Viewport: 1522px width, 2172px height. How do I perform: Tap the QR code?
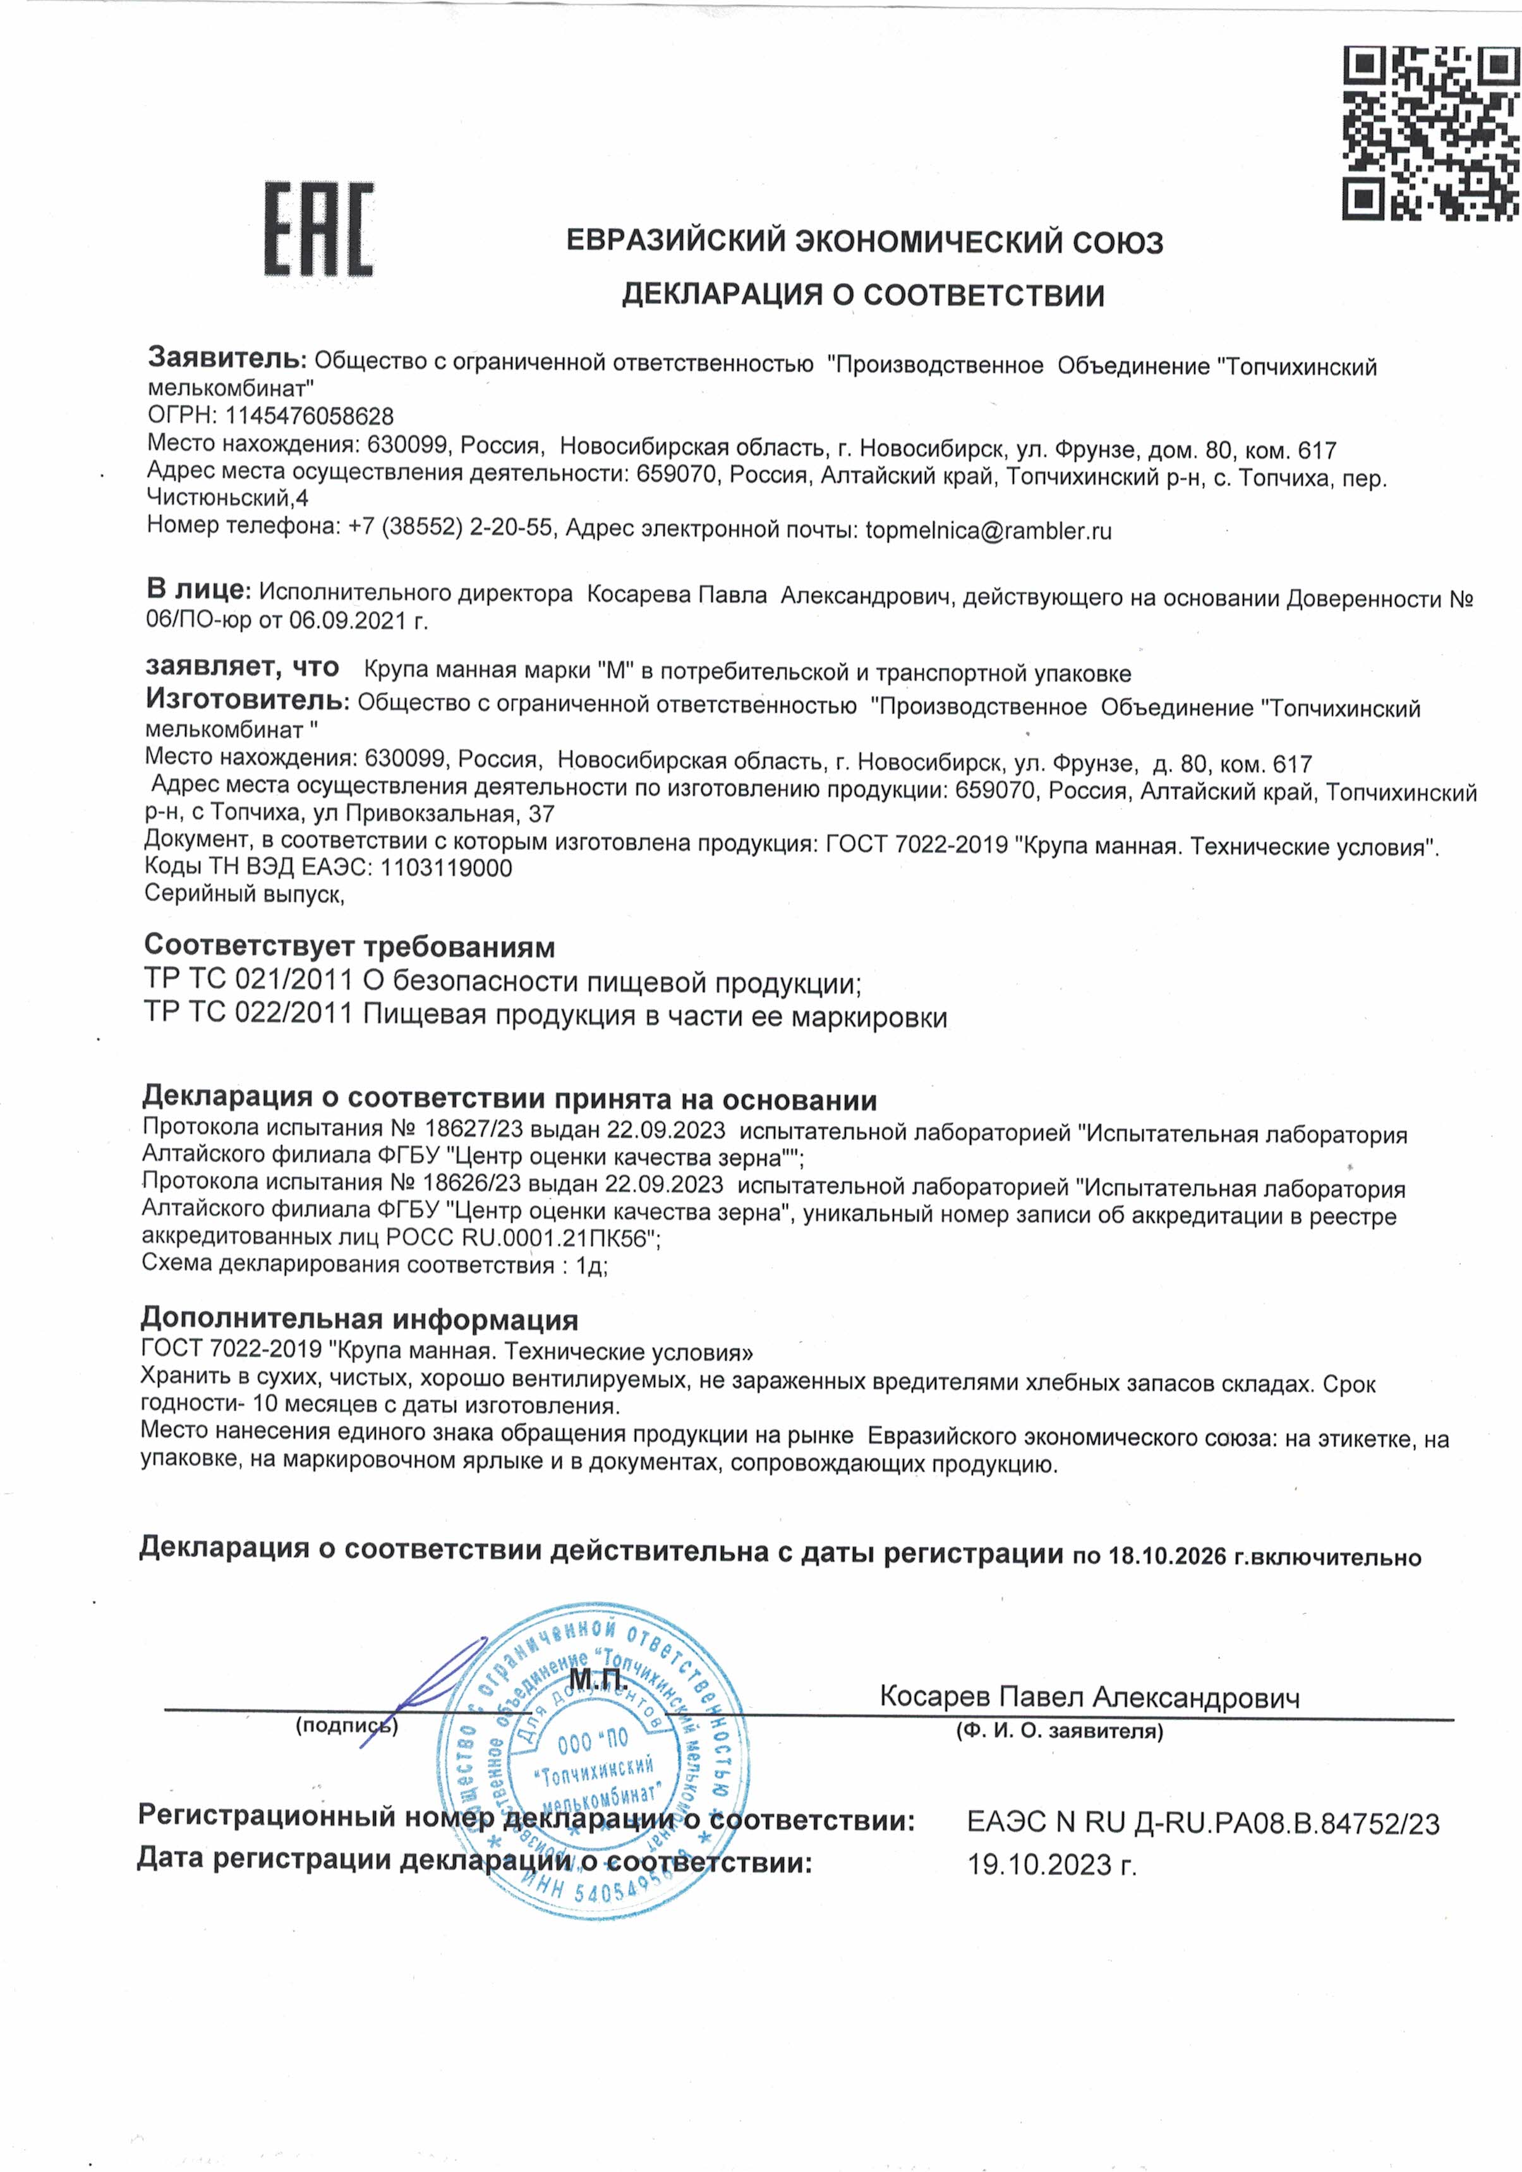pos(1430,133)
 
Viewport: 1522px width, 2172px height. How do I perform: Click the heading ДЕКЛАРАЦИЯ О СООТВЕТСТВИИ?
pos(862,295)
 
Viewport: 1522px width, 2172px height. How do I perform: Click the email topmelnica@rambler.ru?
pos(989,531)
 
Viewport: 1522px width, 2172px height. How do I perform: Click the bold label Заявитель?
pos(227,358)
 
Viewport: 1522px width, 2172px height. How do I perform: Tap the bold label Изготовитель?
pos(247,700)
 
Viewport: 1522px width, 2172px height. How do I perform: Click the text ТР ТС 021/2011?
pos(249,980)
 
